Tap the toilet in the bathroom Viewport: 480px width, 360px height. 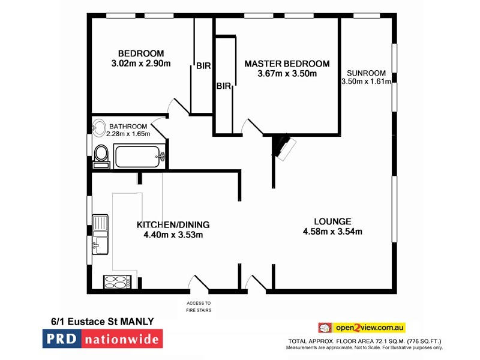click(101, 155)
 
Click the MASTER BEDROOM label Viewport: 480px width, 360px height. click(287, 64)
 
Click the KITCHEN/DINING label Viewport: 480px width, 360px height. click(173, 224)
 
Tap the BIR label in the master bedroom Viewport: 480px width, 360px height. click(224, 86)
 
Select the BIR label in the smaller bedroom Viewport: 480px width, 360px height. click(203, 66)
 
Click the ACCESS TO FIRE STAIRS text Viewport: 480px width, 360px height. click(199, 307)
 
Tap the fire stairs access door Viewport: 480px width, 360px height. click(197, 284)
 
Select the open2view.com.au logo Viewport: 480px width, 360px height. click(362, 327)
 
